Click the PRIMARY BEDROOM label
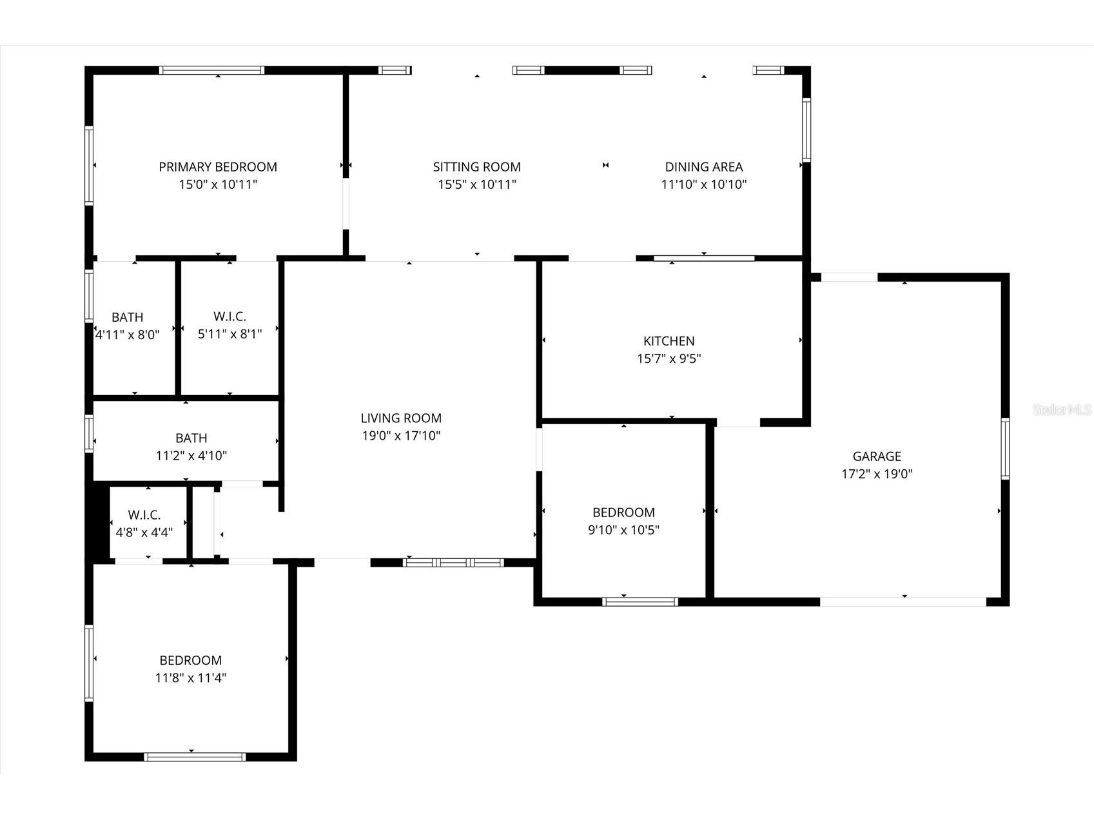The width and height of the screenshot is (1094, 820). click(218, 167)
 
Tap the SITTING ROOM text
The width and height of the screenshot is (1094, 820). click(477, 167)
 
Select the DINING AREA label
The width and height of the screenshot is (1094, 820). click(704, 167)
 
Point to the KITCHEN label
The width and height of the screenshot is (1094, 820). click(669, 341)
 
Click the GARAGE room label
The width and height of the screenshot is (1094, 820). click(877, 456)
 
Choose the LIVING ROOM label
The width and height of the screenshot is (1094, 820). click(401, 418)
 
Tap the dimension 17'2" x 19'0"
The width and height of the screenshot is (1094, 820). click(877, 474)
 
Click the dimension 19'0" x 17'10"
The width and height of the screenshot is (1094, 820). click(401, 436)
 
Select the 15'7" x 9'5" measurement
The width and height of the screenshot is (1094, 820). click(669, 358)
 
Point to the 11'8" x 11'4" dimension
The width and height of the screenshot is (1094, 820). click(191, 678)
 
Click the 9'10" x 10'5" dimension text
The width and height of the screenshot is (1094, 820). click(623, 531)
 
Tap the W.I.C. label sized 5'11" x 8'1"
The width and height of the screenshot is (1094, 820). click(230, 317)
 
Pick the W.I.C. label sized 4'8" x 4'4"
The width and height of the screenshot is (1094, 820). click(144, 515)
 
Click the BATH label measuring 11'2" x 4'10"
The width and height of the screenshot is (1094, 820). click(191, 438)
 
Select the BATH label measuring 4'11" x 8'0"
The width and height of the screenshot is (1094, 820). click(128, 317)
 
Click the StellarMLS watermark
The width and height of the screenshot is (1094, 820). click(1062, 410)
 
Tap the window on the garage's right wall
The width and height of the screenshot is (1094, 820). click(1005, 448)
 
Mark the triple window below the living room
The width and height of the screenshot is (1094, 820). click(454, 563)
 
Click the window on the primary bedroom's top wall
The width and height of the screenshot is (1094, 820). click(212, 70)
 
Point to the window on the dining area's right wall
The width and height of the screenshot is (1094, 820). click(806, 129)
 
